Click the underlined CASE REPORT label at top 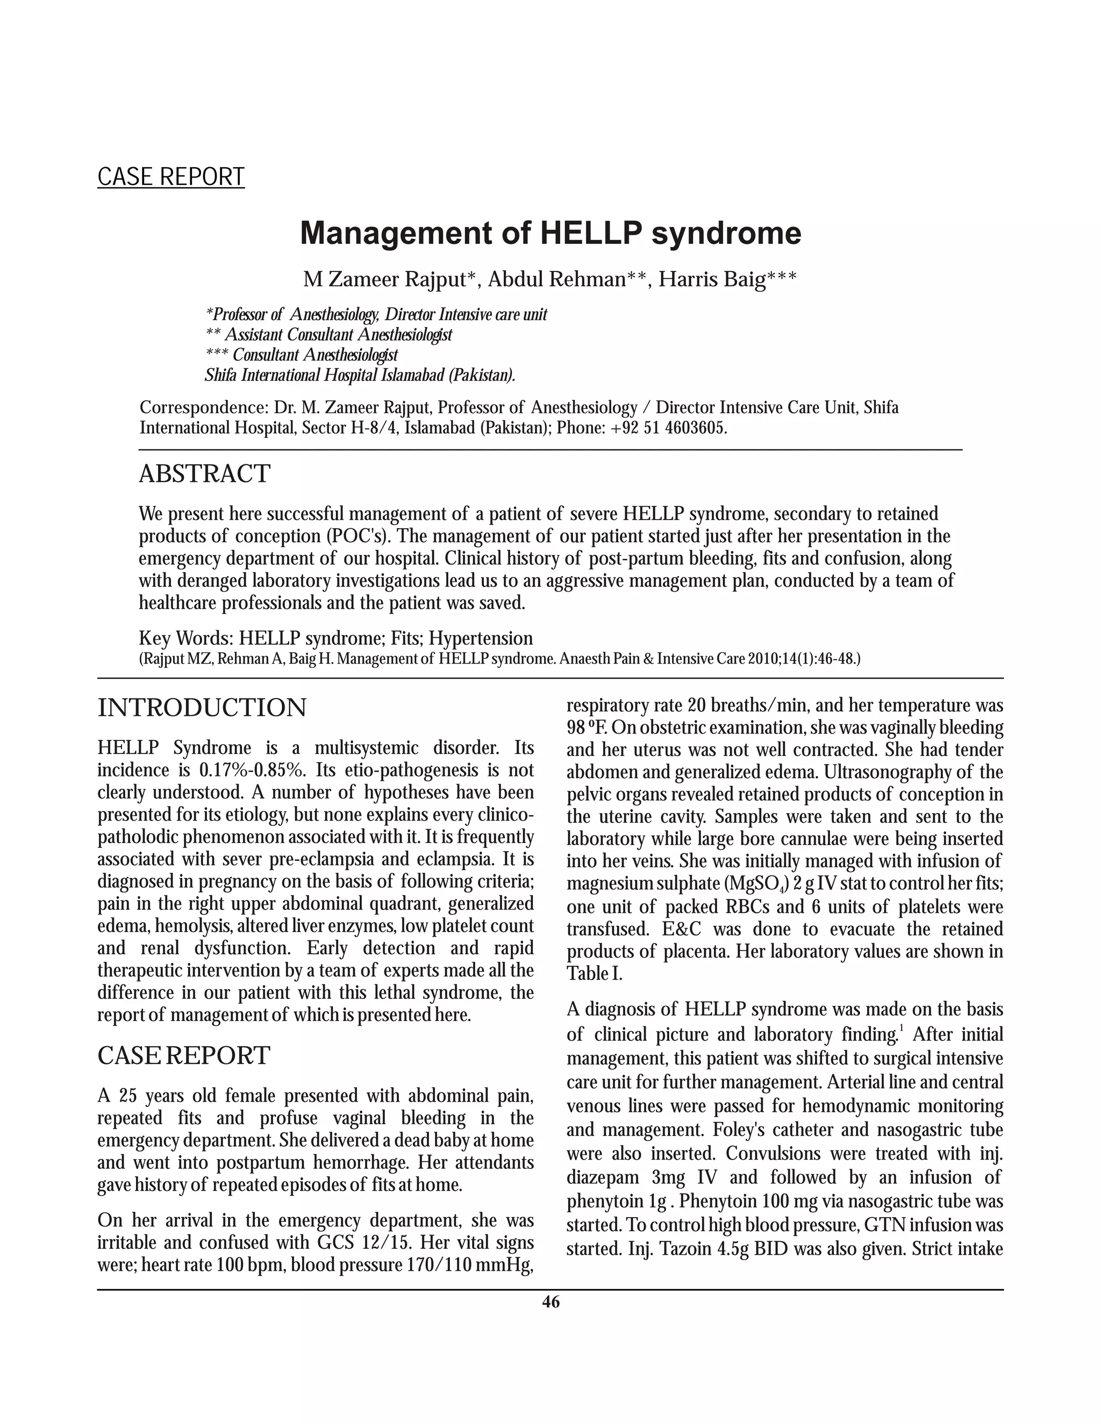click(171, 177)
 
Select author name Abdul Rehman click(557, 280)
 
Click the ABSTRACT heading click(204, 473)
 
